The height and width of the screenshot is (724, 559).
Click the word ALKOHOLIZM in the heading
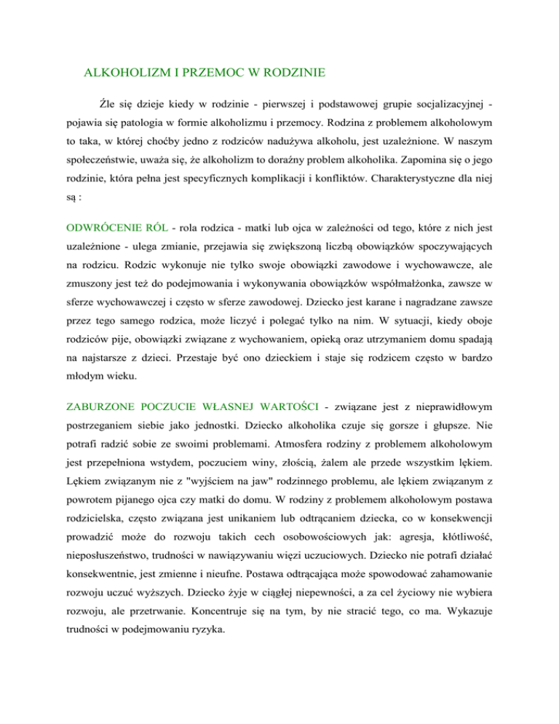(121, 73)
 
